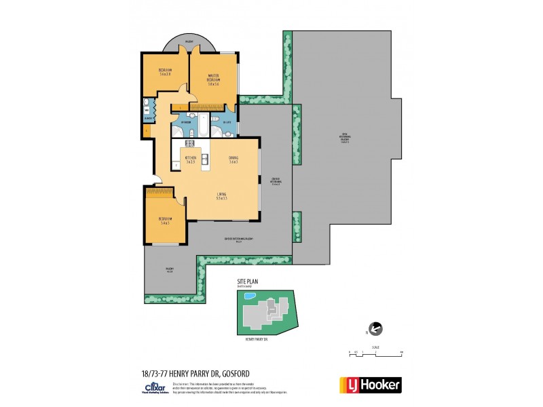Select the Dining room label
[x=233, y=159]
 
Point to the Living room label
[x=221, y=197]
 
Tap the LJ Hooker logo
[x=370, y=385]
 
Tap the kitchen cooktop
[x=190, y=143]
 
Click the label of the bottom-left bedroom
[x=166, y=220]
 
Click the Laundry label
[x=147, y=117]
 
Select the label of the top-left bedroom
[x=166, y=72]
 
